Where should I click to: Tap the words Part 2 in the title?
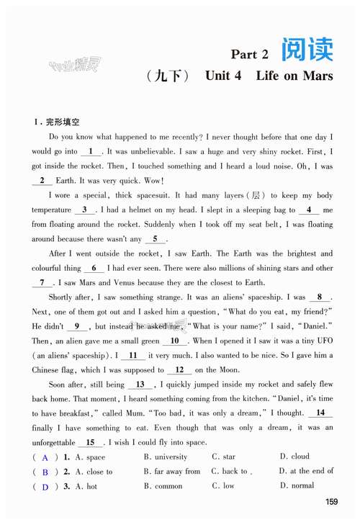point(249,54)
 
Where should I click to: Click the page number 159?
point(332,501)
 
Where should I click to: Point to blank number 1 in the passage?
point(91,152)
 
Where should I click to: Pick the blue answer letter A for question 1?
point(45,458)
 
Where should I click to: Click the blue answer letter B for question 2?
point(45,472)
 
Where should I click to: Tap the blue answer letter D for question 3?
point(45,488)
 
